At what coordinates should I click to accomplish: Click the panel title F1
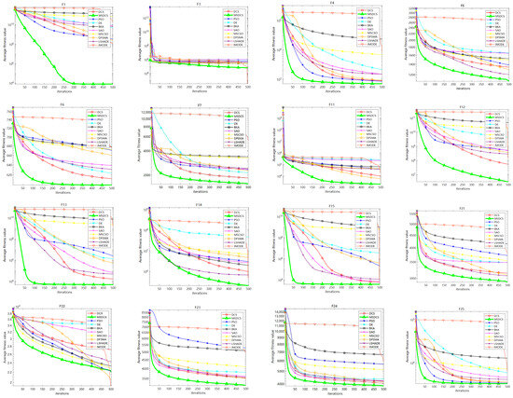[64, 4]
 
